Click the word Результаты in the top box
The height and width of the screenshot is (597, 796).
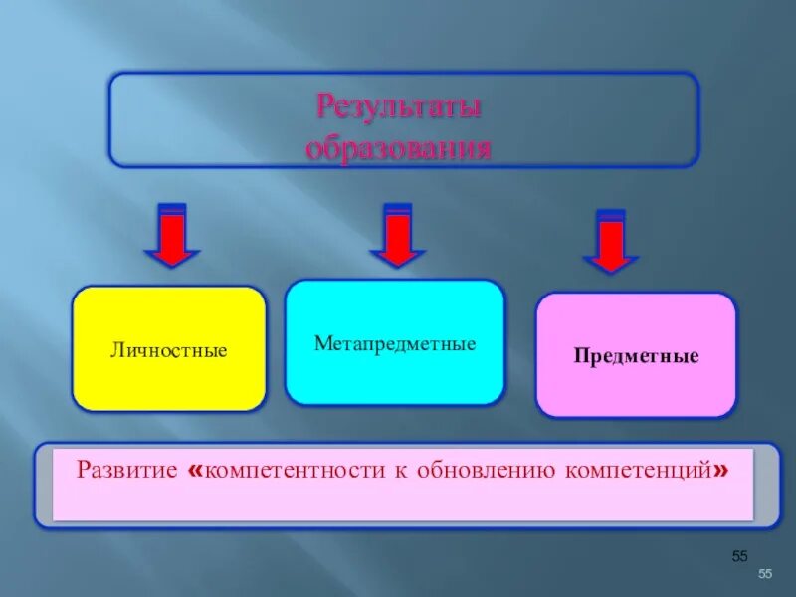click(x=399, y=105)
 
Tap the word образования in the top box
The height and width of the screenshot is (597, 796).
click(x=399, y=149)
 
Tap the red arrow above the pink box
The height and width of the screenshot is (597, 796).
click(x=610, y=242)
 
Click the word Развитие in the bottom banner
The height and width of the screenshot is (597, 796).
click(x=127, y=469)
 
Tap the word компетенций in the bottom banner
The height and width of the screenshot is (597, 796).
click(x=639, y=469)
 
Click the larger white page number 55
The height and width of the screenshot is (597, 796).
click(x=739, y=555)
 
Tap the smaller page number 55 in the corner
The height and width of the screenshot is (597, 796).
click(x=765, y=574)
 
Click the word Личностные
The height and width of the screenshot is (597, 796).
click(x=169, y=351)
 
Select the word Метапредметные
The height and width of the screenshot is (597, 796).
click(x=395, y=344)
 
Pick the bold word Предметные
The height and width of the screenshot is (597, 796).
click(x=636, y=356)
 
